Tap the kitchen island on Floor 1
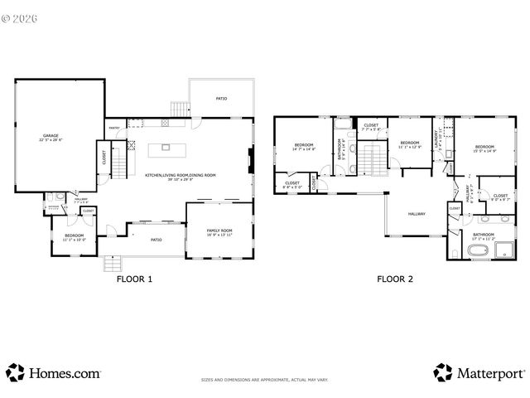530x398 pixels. pos(166,148)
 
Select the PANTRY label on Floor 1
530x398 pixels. pos(114,128)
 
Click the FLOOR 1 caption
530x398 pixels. pos(134,279)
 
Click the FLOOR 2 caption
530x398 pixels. pos(395,279)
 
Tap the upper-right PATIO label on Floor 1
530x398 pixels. pos(221,99)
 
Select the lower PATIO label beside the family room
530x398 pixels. pos(155,240)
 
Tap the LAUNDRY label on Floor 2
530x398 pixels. pos(437,142)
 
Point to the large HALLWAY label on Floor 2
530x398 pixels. pos(416,214)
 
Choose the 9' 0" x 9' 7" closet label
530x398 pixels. pos(500,197)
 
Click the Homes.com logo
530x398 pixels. pos(54,372)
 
